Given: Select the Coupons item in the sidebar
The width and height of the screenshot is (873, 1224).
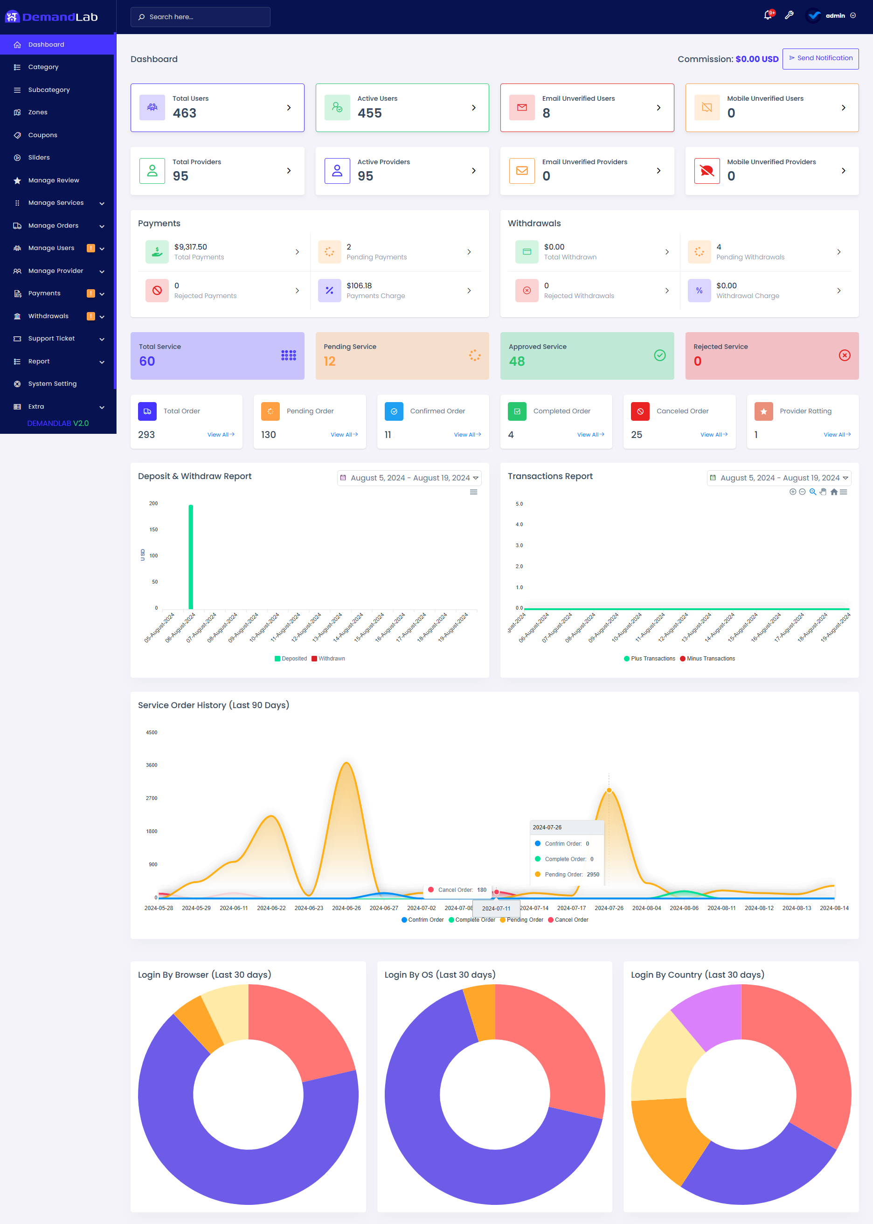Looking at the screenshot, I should coord(42,135).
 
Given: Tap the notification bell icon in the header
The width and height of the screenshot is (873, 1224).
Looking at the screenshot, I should coord(767,15).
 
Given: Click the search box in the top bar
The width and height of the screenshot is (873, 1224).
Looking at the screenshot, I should coord(200,17).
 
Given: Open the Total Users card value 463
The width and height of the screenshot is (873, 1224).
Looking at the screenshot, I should coord(184,113).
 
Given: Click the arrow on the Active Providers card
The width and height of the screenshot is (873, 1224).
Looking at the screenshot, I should coord(473,171).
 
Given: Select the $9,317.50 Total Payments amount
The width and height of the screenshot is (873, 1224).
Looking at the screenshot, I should coord(190,247).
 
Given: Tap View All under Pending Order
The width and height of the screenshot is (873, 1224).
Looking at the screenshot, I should coord(344,434).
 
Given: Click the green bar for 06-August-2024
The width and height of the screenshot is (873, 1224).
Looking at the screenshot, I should coord(191,556).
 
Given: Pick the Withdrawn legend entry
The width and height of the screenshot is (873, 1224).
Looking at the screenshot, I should coord(328,659).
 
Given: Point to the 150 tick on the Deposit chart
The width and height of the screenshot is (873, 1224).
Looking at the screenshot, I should coord(153,529).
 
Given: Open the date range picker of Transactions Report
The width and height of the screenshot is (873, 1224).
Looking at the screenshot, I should coord(779,478).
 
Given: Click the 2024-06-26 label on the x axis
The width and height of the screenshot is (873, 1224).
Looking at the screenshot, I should coord(346,908).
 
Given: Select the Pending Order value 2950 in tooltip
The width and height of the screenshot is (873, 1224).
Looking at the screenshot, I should coord(592,875).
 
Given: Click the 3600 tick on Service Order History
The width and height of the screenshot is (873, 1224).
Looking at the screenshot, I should coord(152,765).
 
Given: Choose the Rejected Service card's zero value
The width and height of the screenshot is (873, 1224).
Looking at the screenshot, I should coord(697,361).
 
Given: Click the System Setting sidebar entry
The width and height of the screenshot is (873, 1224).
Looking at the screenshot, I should coord(52,384).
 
